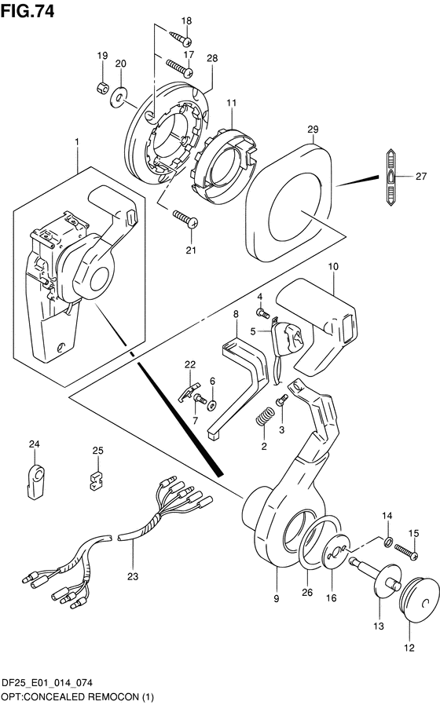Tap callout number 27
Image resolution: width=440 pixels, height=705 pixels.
pos(420,176)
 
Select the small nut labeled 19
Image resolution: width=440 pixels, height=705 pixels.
pos(102,87)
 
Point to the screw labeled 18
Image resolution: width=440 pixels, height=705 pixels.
pos(181,38)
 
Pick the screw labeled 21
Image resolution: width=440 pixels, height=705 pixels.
pos(185,218)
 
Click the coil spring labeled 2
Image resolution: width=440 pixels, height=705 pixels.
pos(265,416)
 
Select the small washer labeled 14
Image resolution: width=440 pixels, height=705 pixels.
pos(387,541)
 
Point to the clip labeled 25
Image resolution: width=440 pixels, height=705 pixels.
pos(95,480)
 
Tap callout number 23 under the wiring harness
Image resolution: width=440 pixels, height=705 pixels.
pos(133,576)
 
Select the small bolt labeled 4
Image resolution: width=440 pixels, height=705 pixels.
pos(262,312)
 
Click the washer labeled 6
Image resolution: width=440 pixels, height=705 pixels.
pos(212,405)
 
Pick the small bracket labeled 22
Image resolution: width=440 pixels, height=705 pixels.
pos(189,392)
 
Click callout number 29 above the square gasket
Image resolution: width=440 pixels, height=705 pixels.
pos(313,130)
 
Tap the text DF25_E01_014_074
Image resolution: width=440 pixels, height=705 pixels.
pos(47,683)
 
